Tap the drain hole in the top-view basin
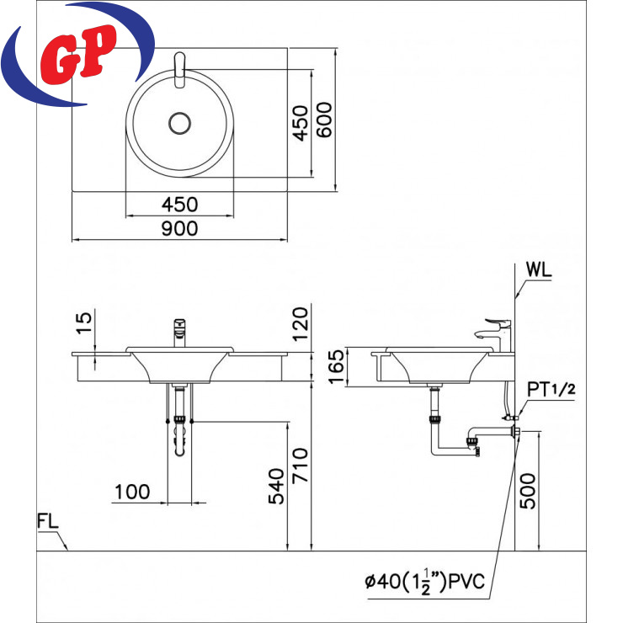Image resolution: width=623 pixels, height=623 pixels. click(179, 123)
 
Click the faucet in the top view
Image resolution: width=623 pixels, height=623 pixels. click(180, 70)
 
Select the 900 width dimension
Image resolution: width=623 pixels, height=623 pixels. click(179, 229)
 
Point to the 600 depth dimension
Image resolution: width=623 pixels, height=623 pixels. click(324, 120)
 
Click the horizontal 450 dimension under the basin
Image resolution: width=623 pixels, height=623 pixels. click(179, 205)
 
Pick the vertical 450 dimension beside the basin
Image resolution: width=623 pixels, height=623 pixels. click(301, 123)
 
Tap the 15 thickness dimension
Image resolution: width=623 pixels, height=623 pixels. click(84, 323)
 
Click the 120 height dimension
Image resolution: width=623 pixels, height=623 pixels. click(301, 324)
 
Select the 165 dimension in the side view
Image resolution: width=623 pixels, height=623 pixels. click(336, 366)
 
